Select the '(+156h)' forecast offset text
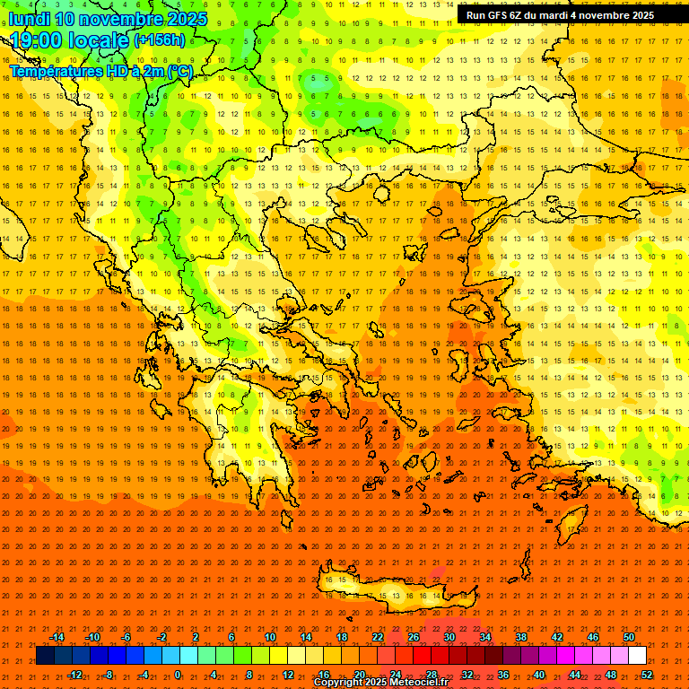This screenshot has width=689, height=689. click(159, 40)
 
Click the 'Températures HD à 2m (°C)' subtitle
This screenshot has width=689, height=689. click(100, 72)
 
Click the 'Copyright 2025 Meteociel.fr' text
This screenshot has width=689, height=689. click(380, 683)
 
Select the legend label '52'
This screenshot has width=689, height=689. click(647, 675)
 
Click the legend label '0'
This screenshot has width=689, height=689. click(178, 675)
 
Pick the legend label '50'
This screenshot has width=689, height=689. click(629, 637)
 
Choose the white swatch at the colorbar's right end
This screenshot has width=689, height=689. click(637, 656)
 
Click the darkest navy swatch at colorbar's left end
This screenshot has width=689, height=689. click(45, 656)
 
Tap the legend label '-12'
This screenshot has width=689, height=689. click(74, 675)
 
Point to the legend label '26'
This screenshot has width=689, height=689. click(413, 637)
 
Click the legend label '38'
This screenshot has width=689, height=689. click(521, 637)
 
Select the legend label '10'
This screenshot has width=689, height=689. click(269, 637)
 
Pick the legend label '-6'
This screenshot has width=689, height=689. click(126, 637)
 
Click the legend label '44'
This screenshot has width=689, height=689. click(575, 675)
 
